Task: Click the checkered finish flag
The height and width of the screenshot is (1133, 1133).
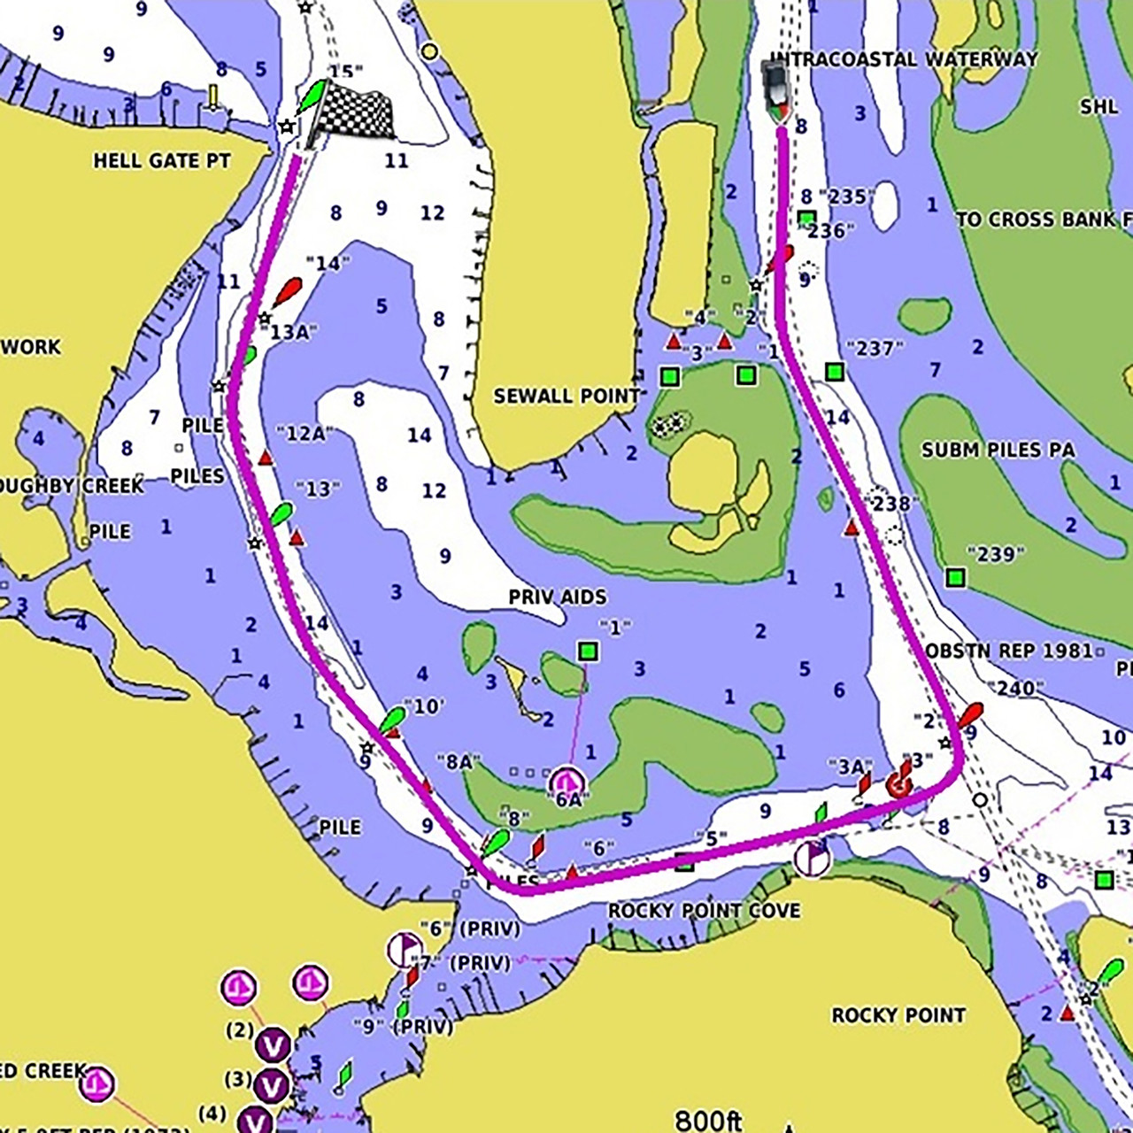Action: [354, 113]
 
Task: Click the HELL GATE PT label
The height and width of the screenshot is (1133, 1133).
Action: [162, 161]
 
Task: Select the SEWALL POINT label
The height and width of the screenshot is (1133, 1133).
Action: [566, 396]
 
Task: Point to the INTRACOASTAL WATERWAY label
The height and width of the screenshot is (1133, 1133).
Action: [903, 59]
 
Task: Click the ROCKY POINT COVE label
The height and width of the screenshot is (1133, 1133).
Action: [704, 911]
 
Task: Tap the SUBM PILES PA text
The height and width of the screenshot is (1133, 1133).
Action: [998, 450]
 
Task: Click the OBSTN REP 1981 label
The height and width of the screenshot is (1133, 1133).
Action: [1009, 651]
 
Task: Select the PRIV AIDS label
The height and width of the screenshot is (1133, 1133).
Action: [558, 597]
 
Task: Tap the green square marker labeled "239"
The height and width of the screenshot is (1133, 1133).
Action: [954, 578]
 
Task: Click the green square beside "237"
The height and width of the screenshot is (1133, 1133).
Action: [834, 372]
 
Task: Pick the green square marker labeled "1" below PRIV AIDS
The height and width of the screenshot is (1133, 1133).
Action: [588, 652]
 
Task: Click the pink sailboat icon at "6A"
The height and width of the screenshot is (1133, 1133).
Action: [566, 782]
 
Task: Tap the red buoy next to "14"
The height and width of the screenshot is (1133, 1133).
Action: [288, 291]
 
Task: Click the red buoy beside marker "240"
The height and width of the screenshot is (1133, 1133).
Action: [970, 713]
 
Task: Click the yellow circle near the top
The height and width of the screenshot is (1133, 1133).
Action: [430, 51]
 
